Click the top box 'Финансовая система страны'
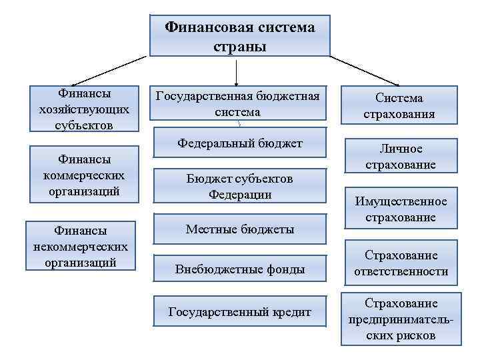[x=239, y=36]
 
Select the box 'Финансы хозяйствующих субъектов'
[x=84, y=109]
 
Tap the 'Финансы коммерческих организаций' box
[x=84, y=174]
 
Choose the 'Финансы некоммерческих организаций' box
[x=81, y=246]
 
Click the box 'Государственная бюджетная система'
[x=238, y=104]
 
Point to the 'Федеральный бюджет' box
[x=239, y=144]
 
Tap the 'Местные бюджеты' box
[x=239, y=229]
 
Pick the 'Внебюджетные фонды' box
[x=239, y=269]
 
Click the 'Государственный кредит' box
[x=239, y=311]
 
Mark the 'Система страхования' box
[x=399, y=105]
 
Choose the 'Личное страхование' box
[x=399, y=156]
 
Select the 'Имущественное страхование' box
[x=399, y=209]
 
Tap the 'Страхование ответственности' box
[x=399, y=263]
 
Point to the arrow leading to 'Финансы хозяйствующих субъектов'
[x=107, y=70]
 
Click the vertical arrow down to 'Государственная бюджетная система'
[x=235, y=69]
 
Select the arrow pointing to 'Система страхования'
[x=363, y=70]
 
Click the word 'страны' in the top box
[x=239, y=47]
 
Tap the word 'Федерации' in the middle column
[x=239, y=195]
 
